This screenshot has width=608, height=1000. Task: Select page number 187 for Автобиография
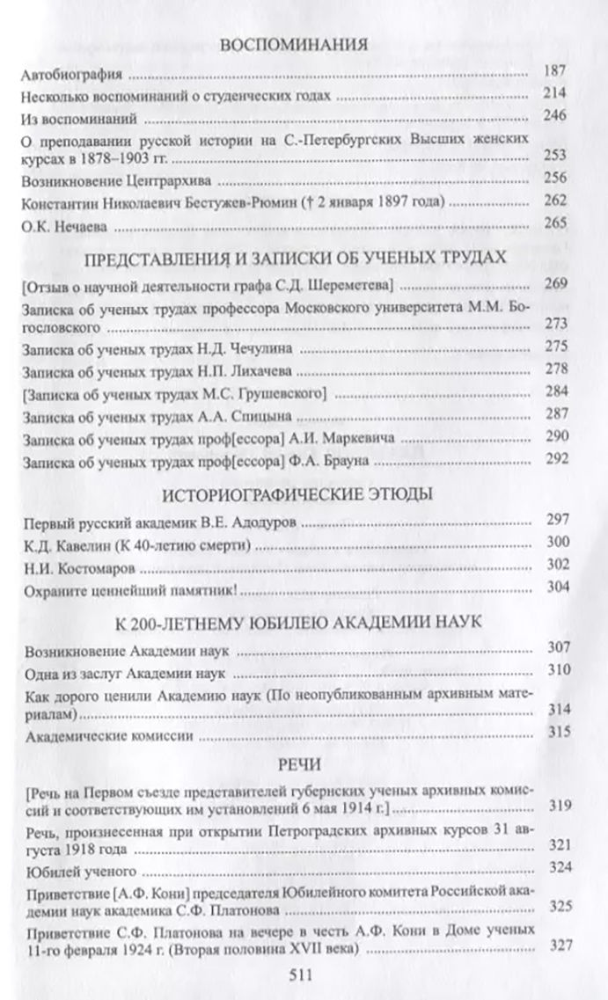pyautogui.click(x=560, y=73)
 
